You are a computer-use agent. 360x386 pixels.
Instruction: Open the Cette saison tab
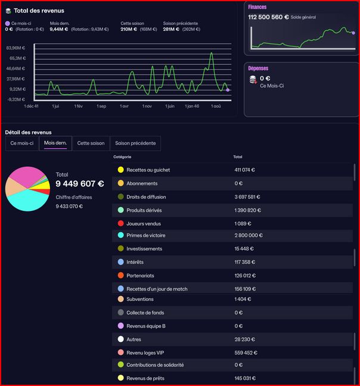[91, 144]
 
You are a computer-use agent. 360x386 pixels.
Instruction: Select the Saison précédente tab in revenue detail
[135, 144]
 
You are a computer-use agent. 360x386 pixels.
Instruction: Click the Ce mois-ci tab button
[22, 144]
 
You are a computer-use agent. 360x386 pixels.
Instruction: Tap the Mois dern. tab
[55, 144]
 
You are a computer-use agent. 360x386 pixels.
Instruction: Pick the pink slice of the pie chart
[26, 176]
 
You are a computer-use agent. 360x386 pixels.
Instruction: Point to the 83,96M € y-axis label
[15, 48]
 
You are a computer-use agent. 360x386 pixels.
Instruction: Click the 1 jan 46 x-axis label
[192, 107]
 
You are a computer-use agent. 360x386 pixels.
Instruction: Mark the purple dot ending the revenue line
[228, 90]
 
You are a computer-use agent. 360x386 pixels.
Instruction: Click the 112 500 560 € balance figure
[268, 17]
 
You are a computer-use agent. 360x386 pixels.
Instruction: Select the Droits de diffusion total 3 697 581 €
[247, 197]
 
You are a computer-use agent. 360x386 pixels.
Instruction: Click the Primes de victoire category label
[146, 235]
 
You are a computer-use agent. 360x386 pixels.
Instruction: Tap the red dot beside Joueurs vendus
[120, 223]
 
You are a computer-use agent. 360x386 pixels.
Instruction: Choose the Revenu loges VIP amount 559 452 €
[246, 353]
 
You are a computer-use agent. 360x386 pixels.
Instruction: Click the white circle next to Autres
[120, 339]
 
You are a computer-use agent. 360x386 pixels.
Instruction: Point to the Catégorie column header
[122, 157]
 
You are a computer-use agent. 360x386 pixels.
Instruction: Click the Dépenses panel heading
[258, 69]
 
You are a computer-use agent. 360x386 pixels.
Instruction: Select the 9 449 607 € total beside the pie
[80, 183]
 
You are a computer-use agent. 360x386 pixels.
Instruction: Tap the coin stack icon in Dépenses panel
[253, 80]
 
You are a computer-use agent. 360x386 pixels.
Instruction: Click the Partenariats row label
[140, 276]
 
